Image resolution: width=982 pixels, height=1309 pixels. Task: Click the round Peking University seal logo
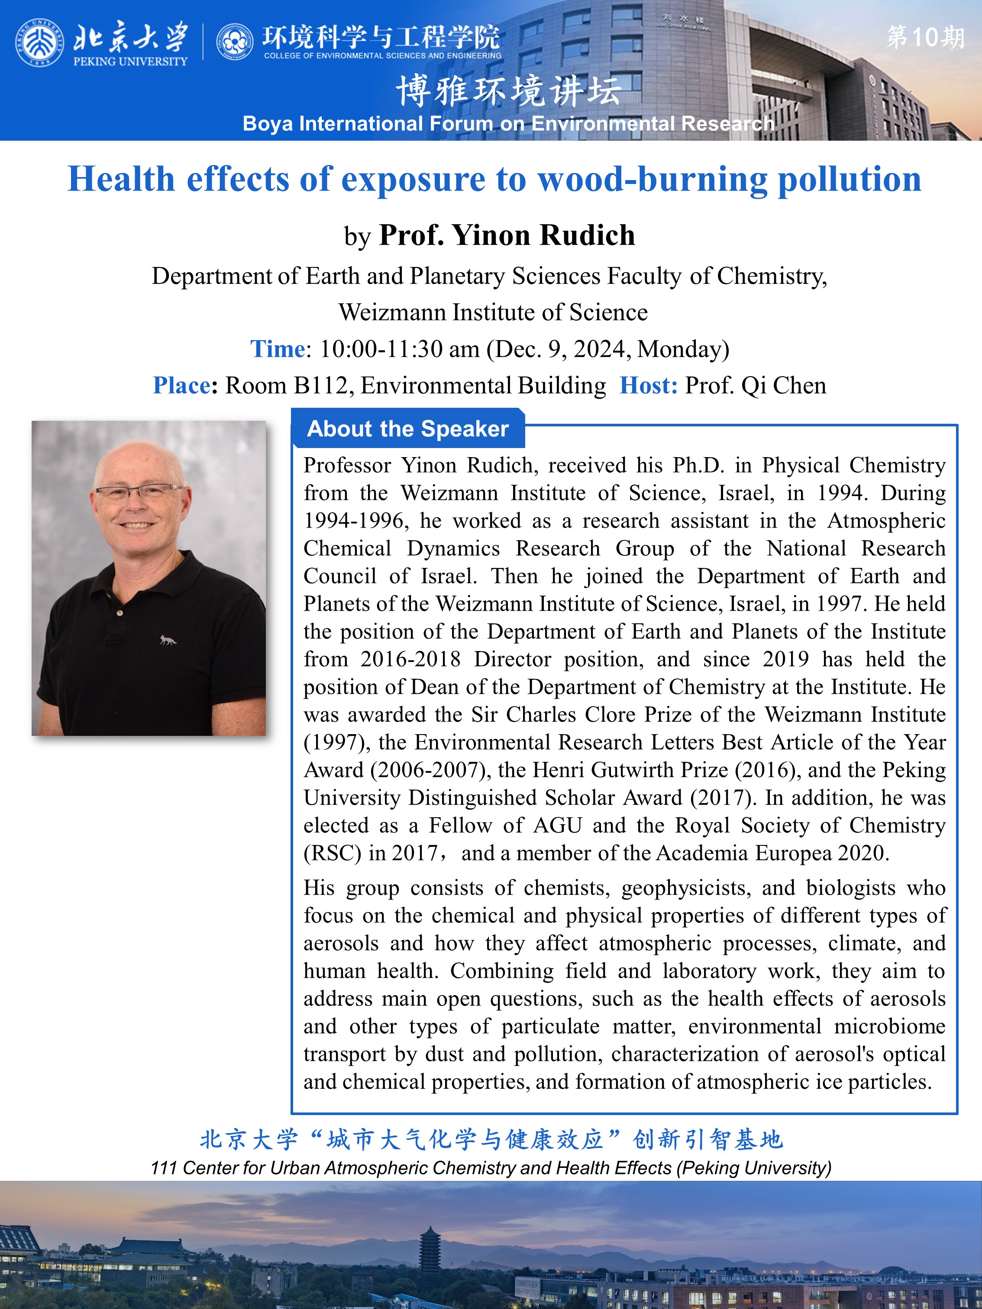tap(39, 42)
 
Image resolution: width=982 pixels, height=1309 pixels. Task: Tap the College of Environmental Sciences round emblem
tap(234, 42)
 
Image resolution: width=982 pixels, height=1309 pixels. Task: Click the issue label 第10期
tap(925, 37)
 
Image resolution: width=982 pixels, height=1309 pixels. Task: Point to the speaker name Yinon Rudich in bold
tap(543, 235)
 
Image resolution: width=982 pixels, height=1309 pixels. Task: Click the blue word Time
tap(277, 349)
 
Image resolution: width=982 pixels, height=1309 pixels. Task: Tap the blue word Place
tap(181, 386)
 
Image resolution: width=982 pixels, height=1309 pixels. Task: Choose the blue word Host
tap(648, 386)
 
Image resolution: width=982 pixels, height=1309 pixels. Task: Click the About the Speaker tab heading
tap(407, 429)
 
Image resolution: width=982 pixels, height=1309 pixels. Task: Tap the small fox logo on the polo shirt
tap(168, 640)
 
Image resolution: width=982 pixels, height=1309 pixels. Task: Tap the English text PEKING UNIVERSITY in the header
tap(130, 61)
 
